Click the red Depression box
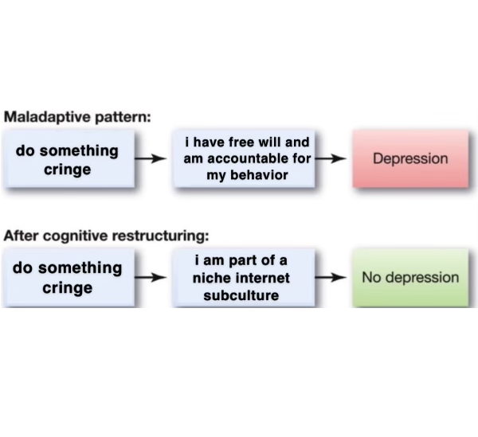click(x=411, y=158)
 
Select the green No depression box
click(x=411, y=278)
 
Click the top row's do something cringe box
click(x=68, y=158)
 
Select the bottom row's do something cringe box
click(x=68, y=277)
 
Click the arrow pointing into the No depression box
click(x=331, y=278)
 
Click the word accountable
click(x=253, y=158)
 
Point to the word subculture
click(x=241, y=296)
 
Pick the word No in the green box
click(x=371, y=278)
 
